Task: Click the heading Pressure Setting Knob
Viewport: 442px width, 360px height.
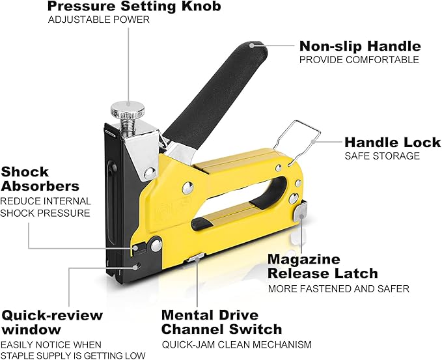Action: pos(135,7)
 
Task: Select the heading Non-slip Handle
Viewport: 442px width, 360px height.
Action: pos(359,46)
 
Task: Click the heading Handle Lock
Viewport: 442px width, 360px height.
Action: pos(392,142)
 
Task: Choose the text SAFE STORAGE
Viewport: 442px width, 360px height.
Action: pos(382,156)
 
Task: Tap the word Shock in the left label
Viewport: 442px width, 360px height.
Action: pos(25,172)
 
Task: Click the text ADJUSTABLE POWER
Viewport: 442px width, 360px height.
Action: pos(99,20)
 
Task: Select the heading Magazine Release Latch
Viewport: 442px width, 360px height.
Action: pos(322,266)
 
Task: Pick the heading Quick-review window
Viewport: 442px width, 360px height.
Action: pos(51,322)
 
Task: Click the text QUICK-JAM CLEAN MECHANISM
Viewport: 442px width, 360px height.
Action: pos(236,344)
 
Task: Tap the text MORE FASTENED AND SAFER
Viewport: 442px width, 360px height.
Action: pos(338,288)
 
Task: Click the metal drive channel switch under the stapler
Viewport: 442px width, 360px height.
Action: pos(193,260)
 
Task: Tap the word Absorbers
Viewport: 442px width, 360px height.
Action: pos(40,186)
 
